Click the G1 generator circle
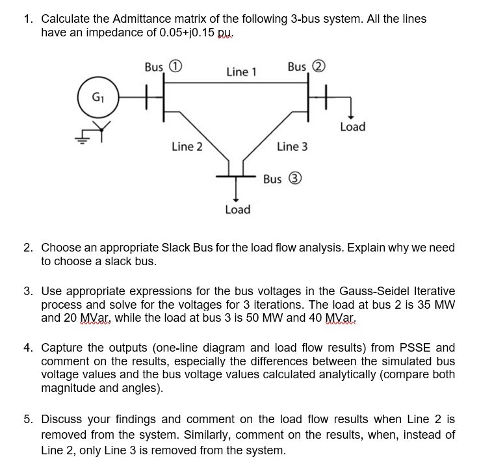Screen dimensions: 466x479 [95, 97]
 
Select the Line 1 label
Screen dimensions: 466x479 [241, 72]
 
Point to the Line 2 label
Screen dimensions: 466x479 [187, 146]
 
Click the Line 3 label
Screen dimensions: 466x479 [292, 146]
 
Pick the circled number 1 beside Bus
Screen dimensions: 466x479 [175, 67]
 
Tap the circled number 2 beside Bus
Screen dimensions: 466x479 [318, 67]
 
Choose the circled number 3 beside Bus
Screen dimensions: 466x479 [294, 179]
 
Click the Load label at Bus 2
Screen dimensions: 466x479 [352, 127]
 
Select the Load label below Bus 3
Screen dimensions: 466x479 [237, 209]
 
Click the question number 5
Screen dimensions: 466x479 [28, 419]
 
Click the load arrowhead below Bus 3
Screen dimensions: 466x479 [236, 198]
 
